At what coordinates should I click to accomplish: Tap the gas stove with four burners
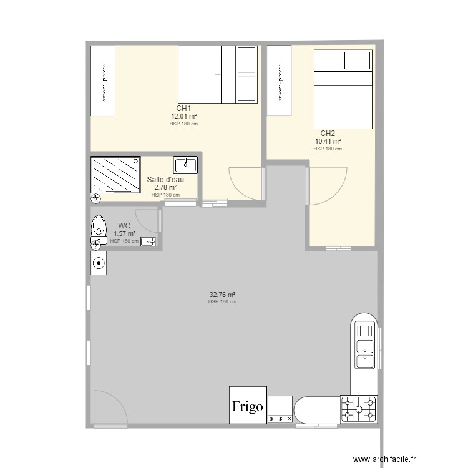point(359,409)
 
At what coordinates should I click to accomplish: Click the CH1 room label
point(183,109)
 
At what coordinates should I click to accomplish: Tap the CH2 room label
point(328,134)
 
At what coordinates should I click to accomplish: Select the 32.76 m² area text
point(222,295)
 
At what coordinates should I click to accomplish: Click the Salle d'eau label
point(165,180)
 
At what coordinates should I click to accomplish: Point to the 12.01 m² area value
point(184,116)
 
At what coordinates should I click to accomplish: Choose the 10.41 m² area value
point(328,141)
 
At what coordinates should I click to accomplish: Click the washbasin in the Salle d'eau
point(185,165)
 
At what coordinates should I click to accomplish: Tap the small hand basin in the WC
point(149,241)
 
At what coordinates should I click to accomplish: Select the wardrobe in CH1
point(103,80)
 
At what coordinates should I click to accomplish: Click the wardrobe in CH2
point(280,80)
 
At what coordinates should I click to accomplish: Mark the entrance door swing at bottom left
point(110,407)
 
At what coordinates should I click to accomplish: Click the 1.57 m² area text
point(124,234)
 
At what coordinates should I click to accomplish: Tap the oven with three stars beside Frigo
point(280,410)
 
